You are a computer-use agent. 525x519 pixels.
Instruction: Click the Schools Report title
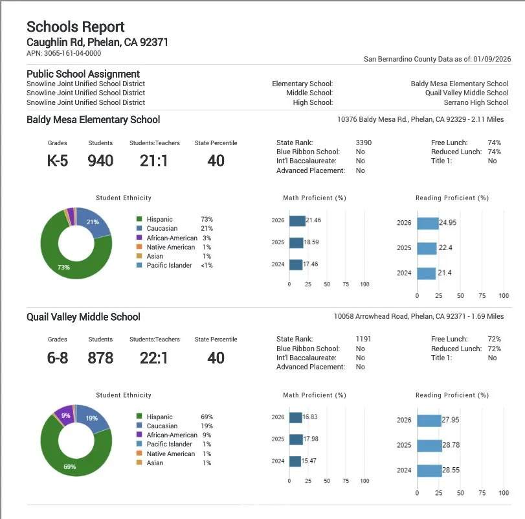(75, 27)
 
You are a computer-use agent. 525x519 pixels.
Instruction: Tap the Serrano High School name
(476, 102)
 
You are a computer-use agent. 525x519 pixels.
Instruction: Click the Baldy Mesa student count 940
(100, 160)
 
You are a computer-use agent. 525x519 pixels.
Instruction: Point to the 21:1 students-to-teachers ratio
(153, 160)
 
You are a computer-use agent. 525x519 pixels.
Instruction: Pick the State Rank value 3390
(364, 143)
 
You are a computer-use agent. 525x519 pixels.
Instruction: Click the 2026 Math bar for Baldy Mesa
(297, 221)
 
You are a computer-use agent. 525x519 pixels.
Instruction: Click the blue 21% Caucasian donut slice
(93, 222)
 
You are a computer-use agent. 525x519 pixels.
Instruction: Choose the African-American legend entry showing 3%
(174, 238)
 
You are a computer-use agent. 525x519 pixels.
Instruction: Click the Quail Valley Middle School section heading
(84, 317)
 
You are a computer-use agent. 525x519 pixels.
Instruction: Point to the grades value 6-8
(58, 357)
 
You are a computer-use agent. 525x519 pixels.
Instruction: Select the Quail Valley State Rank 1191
(364, 339)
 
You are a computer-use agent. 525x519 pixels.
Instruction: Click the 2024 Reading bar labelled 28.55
(429, 470)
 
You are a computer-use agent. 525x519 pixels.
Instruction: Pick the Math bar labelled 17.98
(296, 439)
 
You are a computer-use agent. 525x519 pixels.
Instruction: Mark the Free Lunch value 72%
(494, 339)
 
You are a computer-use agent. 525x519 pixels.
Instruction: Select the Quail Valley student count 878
(100, 357)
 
